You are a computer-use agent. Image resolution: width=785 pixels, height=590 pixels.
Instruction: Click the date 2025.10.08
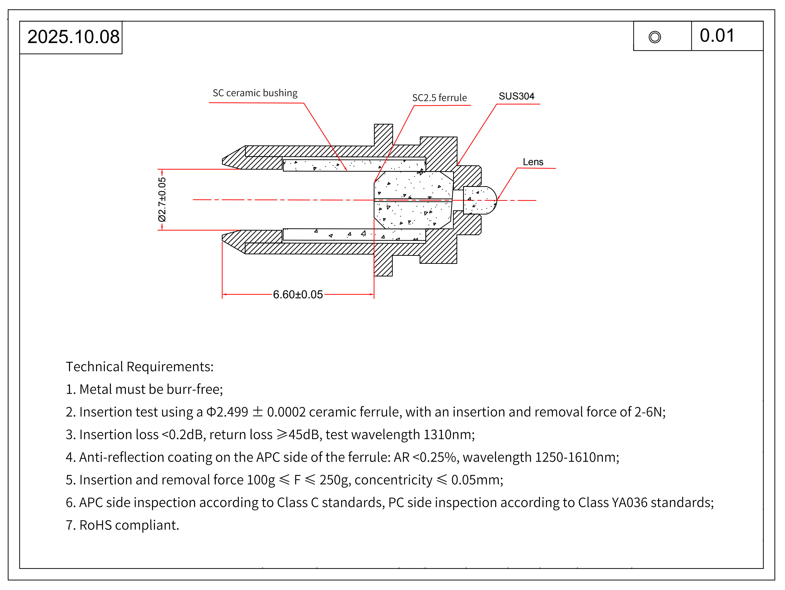73,37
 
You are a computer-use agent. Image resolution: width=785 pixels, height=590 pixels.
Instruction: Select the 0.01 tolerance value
717,36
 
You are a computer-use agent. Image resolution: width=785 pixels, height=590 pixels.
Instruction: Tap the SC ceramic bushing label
255,93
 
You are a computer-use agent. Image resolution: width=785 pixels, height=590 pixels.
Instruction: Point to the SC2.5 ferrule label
439,98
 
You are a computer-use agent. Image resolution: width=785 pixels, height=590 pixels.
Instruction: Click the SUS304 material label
516,96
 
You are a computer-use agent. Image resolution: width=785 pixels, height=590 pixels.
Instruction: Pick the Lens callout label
533,162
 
